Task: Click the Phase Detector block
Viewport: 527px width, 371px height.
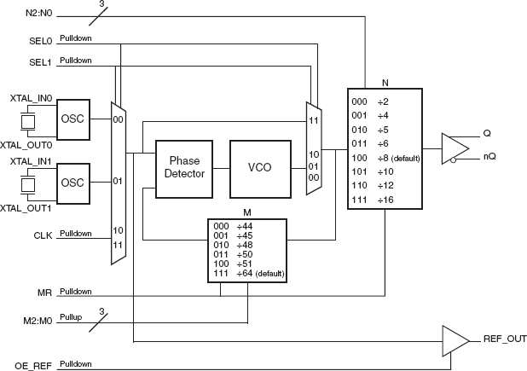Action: point(183,167)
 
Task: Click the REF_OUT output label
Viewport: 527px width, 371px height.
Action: point(505,339)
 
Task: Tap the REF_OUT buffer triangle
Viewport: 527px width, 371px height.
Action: point(455,339)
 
